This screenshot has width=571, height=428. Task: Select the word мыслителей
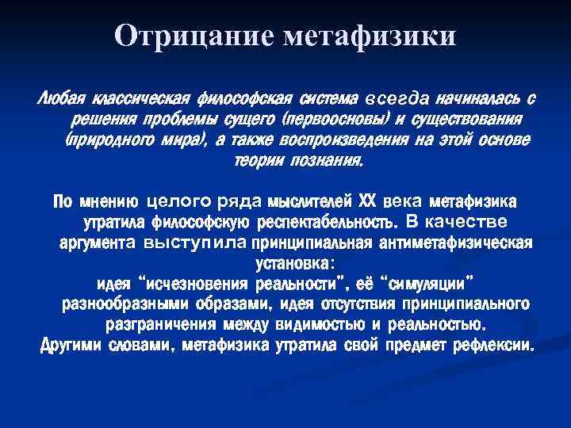[x=312, y=198]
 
